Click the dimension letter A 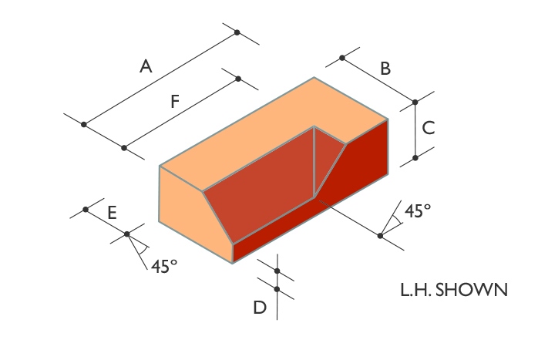coord(146,66)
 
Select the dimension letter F coord(175,102)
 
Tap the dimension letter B coord(385,69)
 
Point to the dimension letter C coord(429,128)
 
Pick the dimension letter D coord(260,307)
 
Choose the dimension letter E coord(113,213)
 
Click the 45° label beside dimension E coord(164,266)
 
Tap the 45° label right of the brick coord(418,210)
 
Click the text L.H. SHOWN coord(454,290)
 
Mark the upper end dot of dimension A coord(237,32)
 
